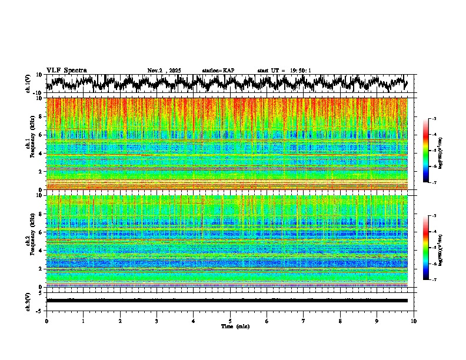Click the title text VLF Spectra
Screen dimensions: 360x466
[x=66, y=71]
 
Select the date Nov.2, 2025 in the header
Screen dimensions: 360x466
[x=164, y=71]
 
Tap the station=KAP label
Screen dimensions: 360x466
[x=218, y=71]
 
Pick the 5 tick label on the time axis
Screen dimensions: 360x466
[x=230, y=321]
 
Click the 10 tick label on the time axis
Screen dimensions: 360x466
[x=414, y=321]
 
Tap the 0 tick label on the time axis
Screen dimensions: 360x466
[x=46, y=321]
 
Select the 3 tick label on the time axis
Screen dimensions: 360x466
[x=157, y=321]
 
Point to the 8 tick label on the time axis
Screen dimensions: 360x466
[x=340, y=321]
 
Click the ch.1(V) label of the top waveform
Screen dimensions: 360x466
[x=28, y=84]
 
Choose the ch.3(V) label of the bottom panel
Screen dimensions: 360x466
[x=28, y=300]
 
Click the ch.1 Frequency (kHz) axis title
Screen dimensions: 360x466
[x=29, y=144]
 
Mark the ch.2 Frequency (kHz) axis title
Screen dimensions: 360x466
[x=29, y=241]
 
